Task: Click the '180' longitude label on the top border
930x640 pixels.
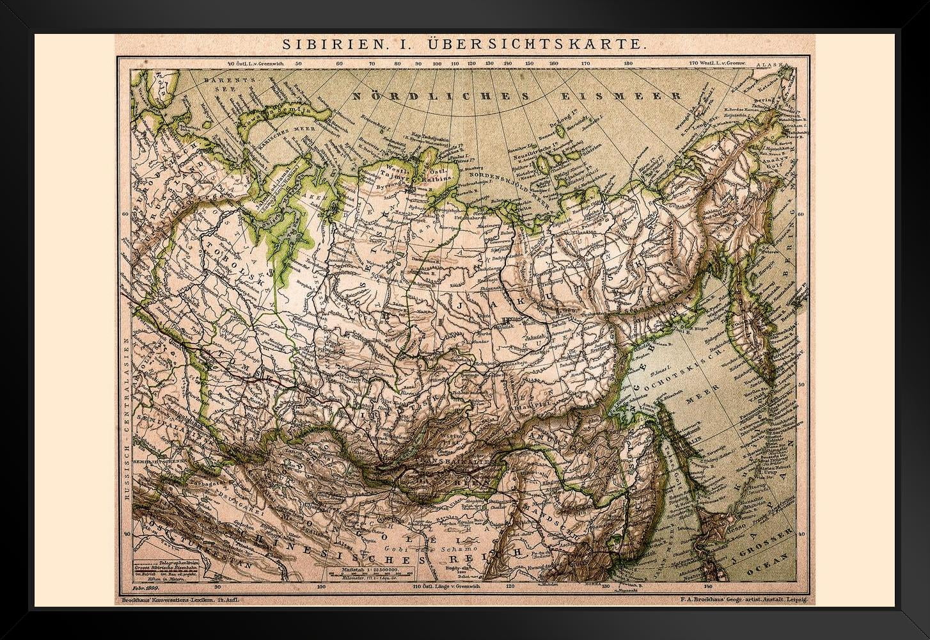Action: (628, 64)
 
